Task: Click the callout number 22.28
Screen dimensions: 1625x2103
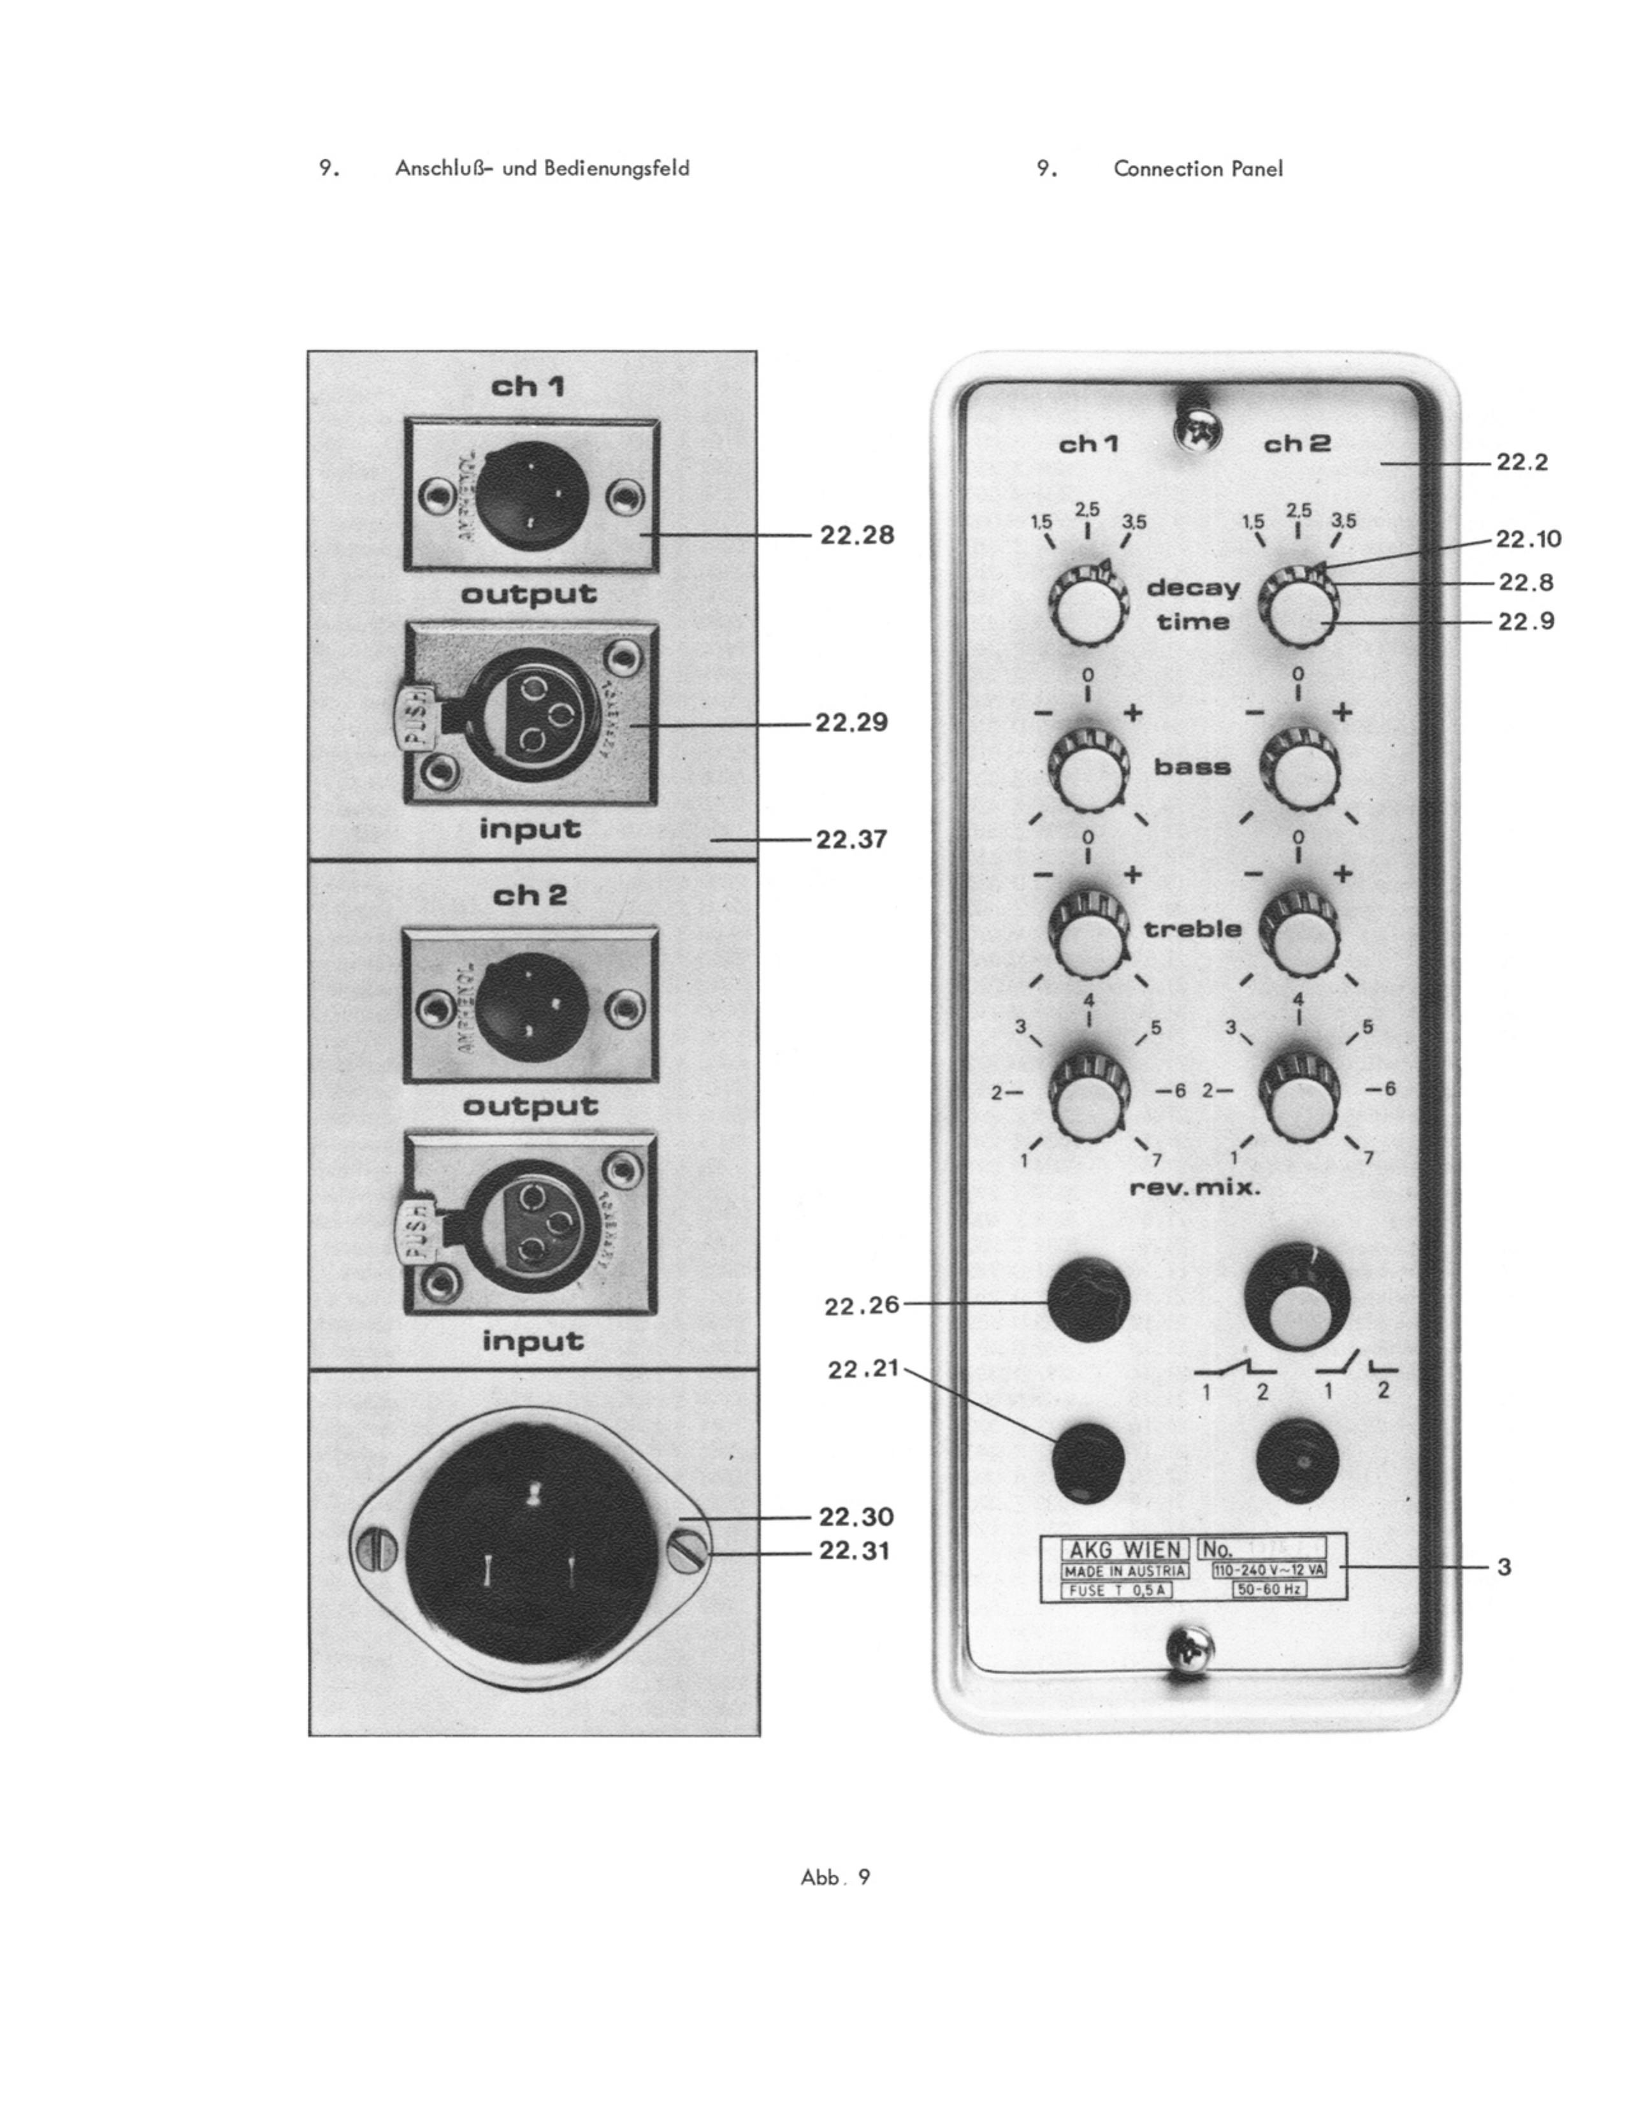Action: pos(856,535)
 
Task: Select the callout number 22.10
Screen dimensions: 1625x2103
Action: pos(1529,538)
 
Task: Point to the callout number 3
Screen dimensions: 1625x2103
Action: pos(1504,1566)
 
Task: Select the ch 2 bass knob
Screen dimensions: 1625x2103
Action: pos(1299,769)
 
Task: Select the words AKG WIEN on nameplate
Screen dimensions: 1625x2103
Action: pos(1124,1549)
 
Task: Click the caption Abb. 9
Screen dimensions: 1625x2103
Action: pos(835,1877)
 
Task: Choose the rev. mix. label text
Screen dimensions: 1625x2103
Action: pos(1194,1187)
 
